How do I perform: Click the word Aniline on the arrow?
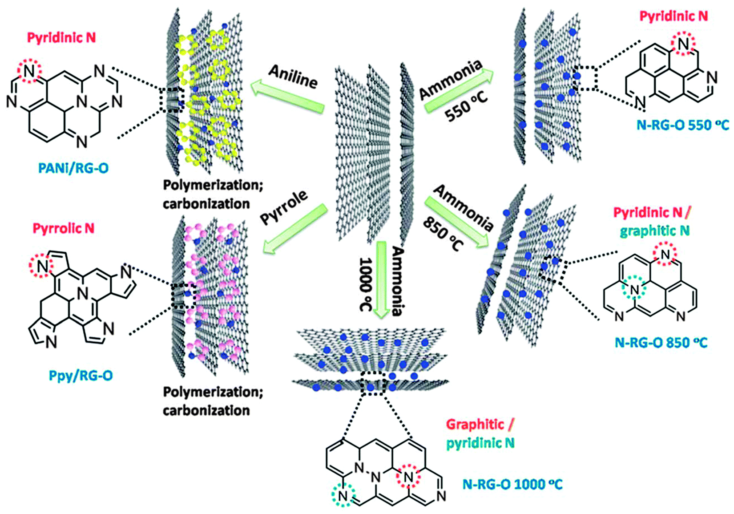293,77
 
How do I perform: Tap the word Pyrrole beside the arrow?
284,207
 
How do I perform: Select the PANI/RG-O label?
73,168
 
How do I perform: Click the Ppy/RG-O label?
81,376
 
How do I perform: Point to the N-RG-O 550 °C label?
682,125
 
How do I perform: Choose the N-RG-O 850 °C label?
661,343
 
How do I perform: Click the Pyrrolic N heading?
63,229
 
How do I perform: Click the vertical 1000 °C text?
366,283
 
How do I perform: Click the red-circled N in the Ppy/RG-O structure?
42,267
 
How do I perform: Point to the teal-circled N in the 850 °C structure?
635,290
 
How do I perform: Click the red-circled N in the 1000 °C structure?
408,477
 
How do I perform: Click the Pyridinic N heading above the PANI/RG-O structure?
61,37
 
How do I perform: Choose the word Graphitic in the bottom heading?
475,425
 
